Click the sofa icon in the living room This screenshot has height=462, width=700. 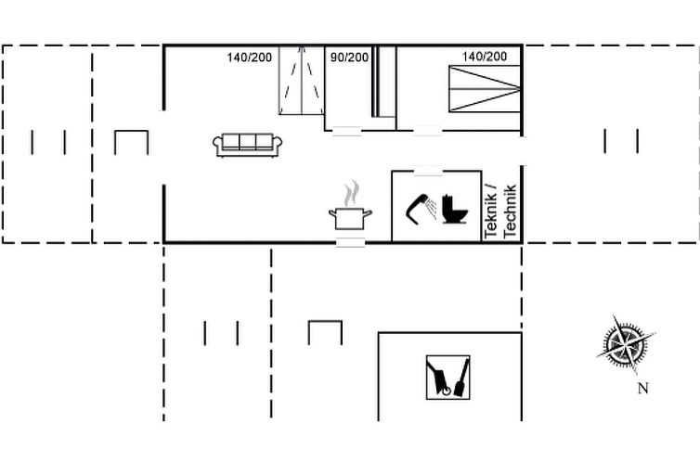[x=247, y=145]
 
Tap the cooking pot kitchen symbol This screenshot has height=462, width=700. [x=350, y=218]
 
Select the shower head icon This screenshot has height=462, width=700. [x=421, y=209]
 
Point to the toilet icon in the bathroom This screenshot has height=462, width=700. [x=455, y=209]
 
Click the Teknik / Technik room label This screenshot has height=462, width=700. [x=500, y=212]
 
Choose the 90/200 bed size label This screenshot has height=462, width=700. [x=350, y=58]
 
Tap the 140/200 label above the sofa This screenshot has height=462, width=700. [x=249, y=58]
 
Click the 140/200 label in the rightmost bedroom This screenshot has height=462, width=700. [x=485, y=57]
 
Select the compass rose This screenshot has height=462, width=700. [x=626, y=344]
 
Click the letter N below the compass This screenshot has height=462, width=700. [x=642, y=389]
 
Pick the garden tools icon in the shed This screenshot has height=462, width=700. [x=447, y=378]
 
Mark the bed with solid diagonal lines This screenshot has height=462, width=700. [x=485, y=89]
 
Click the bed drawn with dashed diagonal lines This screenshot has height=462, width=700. [x=302, y=81]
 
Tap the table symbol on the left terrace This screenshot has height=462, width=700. [x=131, y=142]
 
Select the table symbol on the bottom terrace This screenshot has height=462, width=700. [x=325, y=332]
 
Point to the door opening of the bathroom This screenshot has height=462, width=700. [x=428, y=171]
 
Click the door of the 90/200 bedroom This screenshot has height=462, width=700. [x=347, y=131]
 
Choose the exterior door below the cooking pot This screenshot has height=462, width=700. [x=350, y=242]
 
